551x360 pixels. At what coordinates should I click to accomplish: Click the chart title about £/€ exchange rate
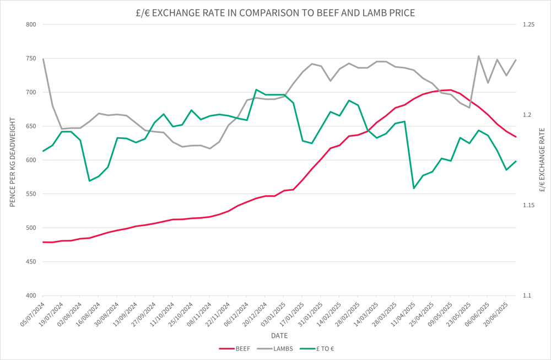(275, 12)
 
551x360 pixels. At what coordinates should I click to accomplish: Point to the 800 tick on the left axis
(30, 24)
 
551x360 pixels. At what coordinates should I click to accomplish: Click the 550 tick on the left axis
(30, 194)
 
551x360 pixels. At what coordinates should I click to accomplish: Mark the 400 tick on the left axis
(30, 296)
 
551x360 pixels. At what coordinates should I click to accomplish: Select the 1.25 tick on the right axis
(529, 24)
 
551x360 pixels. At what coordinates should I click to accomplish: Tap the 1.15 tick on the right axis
(529, 205)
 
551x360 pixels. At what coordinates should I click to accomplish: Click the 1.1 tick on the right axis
(527, 296)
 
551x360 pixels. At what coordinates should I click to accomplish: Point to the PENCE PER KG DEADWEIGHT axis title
(12, 160)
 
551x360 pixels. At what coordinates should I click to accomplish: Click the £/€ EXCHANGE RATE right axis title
(542, 160)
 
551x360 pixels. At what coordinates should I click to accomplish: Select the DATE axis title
(279, 335)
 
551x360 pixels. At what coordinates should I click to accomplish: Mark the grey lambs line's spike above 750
(478, 56)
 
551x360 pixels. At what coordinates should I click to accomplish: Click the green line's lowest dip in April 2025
(414, 188)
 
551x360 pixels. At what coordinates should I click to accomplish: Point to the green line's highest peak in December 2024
(256, 89)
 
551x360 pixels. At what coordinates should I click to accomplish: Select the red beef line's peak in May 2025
(451, 90)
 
